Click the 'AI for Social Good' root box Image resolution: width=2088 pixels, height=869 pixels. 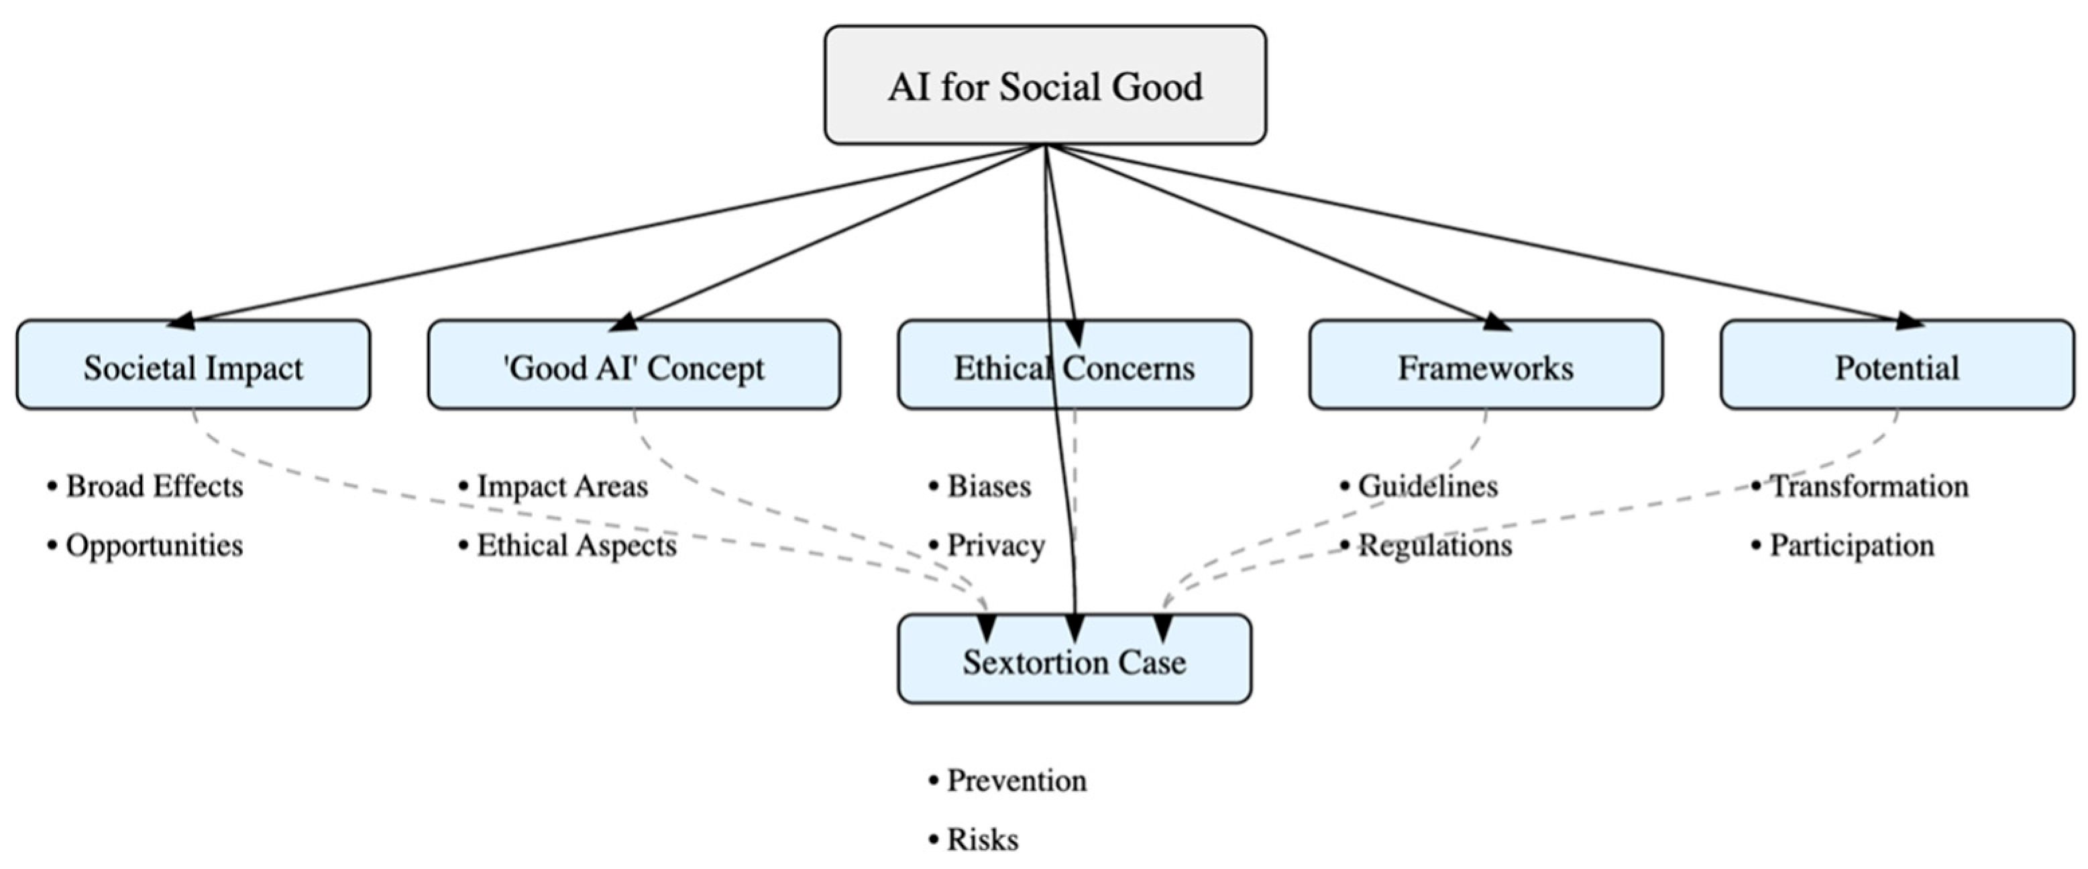pyautogui.click(x=1045, y=85)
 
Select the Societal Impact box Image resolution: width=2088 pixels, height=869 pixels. pyautogui.click(x=193, y=366)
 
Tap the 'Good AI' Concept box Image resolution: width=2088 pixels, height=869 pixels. pyautogui.click(x=633, y=366)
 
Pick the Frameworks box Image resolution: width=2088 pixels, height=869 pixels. pyautogui.click(x=1485, y=366)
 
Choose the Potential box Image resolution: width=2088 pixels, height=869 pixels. pyautogui.click(x=1897, y=366)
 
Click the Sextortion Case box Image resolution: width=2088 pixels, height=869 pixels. pyautogui.click(x=1074, y=661)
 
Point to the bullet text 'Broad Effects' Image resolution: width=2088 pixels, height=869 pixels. pyautogui.click(x=154, y=486)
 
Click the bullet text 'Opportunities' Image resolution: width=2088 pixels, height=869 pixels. pyautogui.click(x=154, y=545)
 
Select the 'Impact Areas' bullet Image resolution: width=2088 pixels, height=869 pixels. pyautogui.click(x=561, y=486)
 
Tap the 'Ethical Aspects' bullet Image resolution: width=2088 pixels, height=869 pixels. pyautogui.click(x=575, y=545)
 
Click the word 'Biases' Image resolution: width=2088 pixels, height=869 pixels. pyautogui.click(x=989, y=486)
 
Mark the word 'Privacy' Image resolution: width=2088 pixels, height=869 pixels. pyautogui.click(x=995, y=545)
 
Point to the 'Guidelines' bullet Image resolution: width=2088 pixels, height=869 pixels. pyautogui.click(x=1427, y=486)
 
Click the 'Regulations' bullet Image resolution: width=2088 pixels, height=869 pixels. pyautogui.click(x=1435, y=545)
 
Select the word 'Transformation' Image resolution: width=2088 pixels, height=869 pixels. pyautogui.click(x=1869, y=486)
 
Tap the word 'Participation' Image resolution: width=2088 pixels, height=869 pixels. pyautogui.click(x=1851, y=545)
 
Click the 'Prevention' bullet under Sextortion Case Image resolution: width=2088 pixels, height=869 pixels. pyautogui.click(x=1016, y=780)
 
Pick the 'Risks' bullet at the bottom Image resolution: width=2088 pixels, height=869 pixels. pyautogui.click(x=983, y=839)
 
